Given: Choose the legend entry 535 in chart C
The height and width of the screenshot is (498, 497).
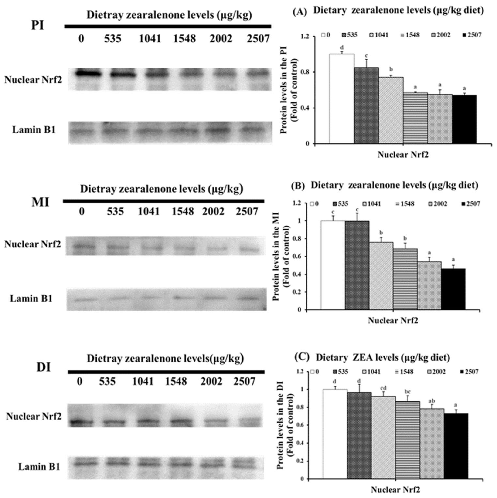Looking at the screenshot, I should coord(340,372).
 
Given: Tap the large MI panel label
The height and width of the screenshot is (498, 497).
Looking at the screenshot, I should coord(40,202).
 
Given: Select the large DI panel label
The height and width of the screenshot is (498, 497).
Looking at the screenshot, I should coord(44,367).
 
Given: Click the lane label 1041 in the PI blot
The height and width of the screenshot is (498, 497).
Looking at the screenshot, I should coord(150,39).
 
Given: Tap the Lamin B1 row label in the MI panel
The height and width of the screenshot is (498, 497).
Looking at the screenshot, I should coord(31,299).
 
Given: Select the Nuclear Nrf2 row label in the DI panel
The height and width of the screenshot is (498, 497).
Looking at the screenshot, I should coord(34,416).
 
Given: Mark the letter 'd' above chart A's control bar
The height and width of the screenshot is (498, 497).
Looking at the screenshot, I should coord(342,48).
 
